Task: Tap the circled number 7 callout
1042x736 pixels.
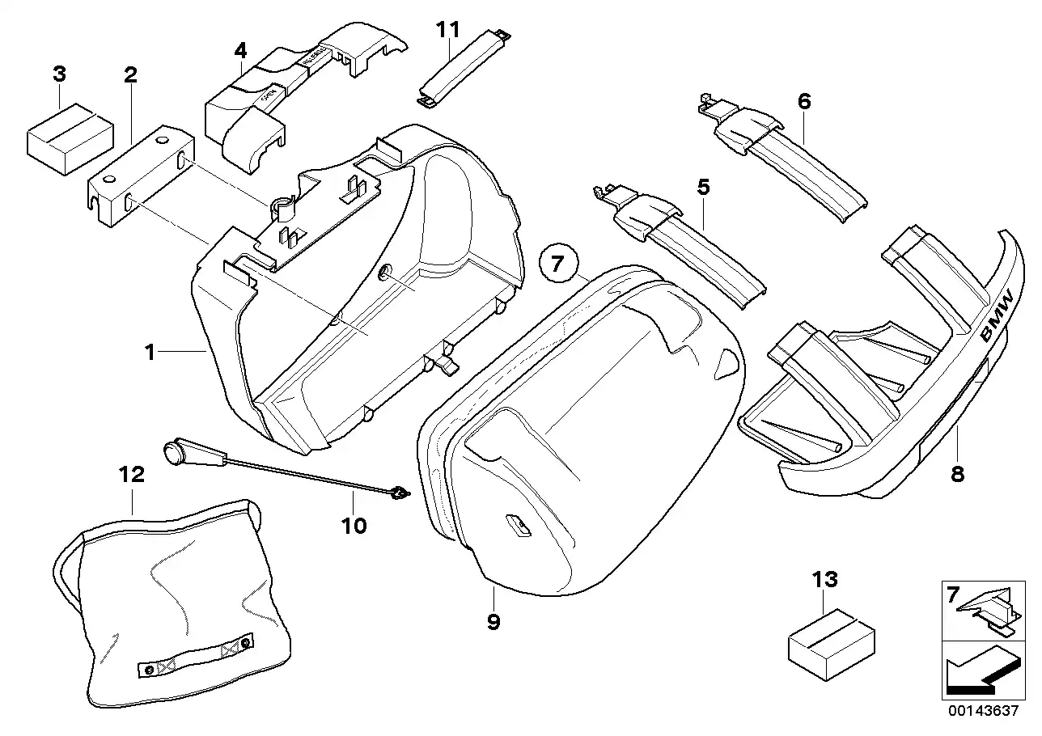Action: click(x=557, y=264)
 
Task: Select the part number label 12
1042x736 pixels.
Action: click(x=131, y=475)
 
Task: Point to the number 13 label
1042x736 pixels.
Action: click(x=825, y=580)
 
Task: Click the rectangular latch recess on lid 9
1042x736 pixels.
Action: click(x=517, y=527)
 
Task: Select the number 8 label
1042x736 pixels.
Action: click(x=958, y=474)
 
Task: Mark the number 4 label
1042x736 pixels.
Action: click(x=240, y=50)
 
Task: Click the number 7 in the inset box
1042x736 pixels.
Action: click(x=952, y=596)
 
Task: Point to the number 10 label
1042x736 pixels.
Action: click(x=354, y=526)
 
